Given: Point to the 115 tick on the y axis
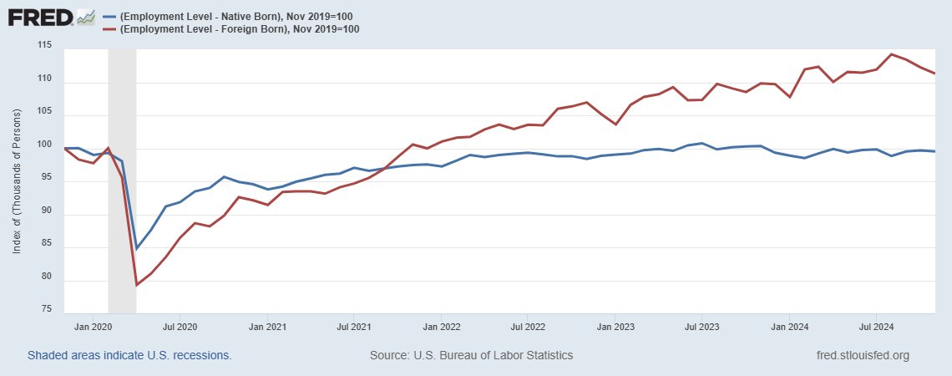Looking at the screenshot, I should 44,44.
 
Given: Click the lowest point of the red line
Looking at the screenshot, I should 137,285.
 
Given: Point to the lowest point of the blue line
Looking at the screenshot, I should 137,248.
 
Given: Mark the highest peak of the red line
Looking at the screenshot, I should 892,54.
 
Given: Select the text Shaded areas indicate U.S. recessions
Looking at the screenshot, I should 129,355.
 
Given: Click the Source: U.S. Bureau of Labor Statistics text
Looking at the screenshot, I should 471,355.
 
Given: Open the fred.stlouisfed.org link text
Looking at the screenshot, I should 862,355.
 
